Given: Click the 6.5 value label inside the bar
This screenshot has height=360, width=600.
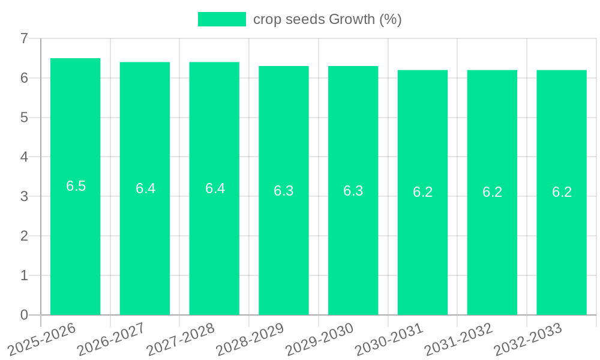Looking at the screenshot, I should click(x=76, y=186).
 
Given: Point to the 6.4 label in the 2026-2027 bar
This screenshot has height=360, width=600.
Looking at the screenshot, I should click(x=145, y=188).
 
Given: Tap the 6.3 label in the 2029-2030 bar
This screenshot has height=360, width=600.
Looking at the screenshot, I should click(x=353, y=191).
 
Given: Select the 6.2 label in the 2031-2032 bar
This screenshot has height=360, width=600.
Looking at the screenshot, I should click(x=492, y=192).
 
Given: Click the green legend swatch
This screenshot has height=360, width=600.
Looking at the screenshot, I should click(x=222, y=19).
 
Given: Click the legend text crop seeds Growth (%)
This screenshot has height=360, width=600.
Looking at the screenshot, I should click(x=327, y=19).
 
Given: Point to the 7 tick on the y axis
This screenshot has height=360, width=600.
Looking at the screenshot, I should click(x=24, y=38).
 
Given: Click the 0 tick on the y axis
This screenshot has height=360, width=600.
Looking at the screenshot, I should click(x=24, y=315).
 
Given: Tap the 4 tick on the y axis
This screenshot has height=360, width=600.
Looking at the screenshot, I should click(x=24, y=157).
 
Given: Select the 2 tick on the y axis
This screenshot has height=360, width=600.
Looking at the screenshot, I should click(x=24, y=236).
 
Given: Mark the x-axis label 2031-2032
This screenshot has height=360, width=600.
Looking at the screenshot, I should click(x=459, y=340).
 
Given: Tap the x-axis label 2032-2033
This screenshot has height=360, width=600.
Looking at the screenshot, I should click(x=528, y=340).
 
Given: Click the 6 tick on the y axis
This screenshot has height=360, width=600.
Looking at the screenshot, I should click(x=24, y=78).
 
